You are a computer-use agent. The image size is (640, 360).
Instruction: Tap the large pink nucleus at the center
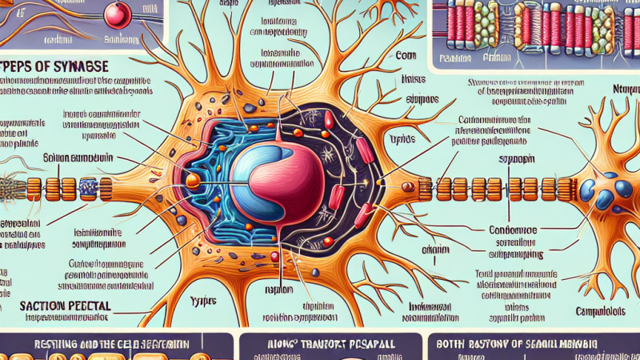[272, 176]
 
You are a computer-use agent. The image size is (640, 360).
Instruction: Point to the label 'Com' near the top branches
[406, 57]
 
